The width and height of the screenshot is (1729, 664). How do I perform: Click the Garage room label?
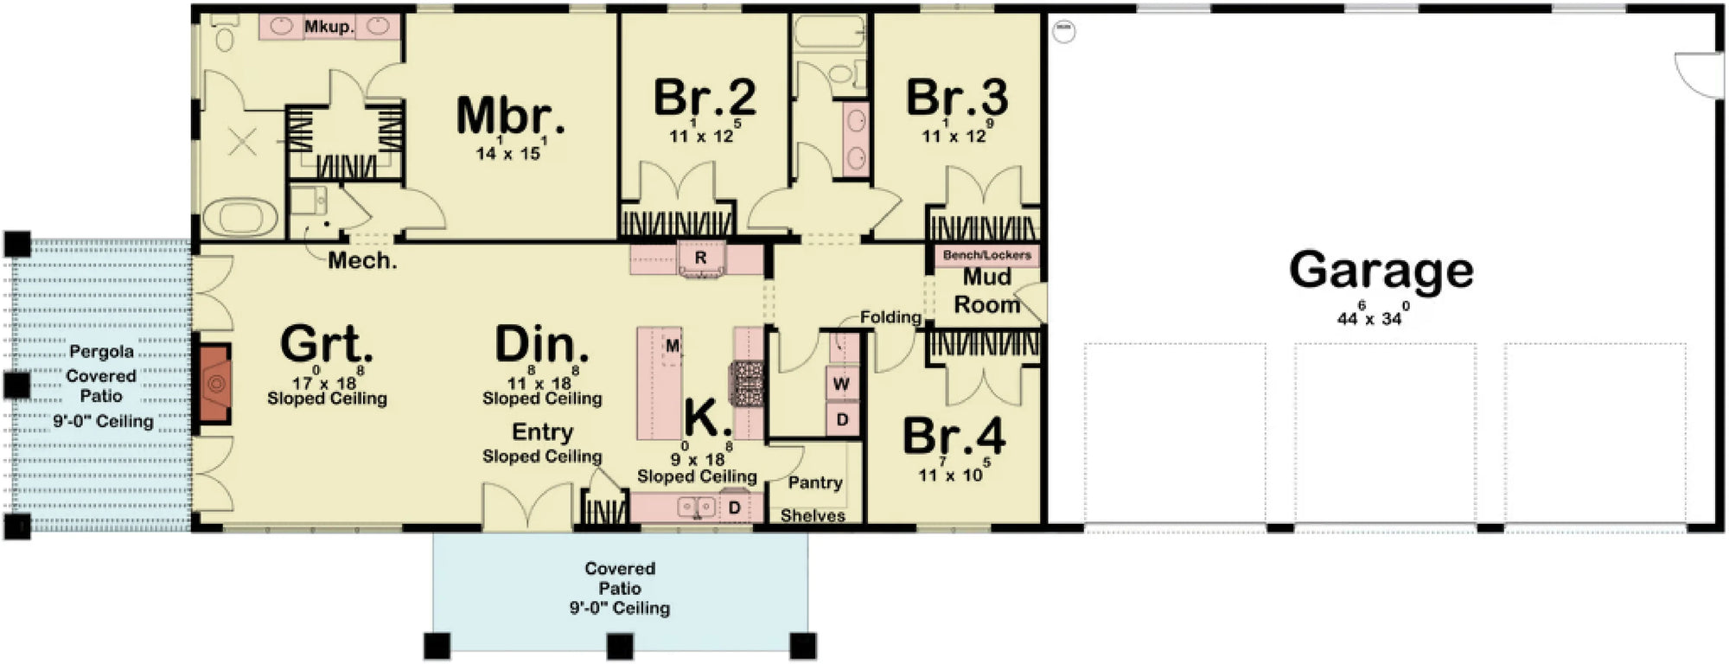coord(1381,270)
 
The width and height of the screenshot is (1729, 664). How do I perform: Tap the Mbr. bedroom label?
coord(510,116)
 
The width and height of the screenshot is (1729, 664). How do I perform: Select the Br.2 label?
coord(705,97)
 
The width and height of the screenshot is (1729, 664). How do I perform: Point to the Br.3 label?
coord(956,98)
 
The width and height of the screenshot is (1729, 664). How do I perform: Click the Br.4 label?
coord(954,437)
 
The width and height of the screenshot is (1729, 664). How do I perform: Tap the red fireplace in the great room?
coord(212,384)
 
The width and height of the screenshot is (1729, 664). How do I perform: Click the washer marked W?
coord(841,383)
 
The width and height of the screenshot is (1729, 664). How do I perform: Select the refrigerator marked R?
coord(700,258)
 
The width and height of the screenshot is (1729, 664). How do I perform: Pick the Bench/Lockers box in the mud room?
coord(986,255)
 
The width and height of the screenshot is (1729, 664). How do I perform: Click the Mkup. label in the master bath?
coord(329,27)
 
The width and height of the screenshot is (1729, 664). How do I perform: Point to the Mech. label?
coord(362,260)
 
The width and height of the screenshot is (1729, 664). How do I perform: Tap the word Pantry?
coord(815,482)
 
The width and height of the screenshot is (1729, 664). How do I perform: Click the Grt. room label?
coord(327,345)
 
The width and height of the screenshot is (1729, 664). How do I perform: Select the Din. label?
coord(542,345)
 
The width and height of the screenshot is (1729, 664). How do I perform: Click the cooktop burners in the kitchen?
coord(747,383)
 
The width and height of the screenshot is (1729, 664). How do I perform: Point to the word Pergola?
coord(101,351)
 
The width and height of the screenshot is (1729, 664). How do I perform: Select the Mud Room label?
coord(986,291)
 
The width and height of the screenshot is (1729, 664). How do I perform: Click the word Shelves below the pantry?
coord(813,516)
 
